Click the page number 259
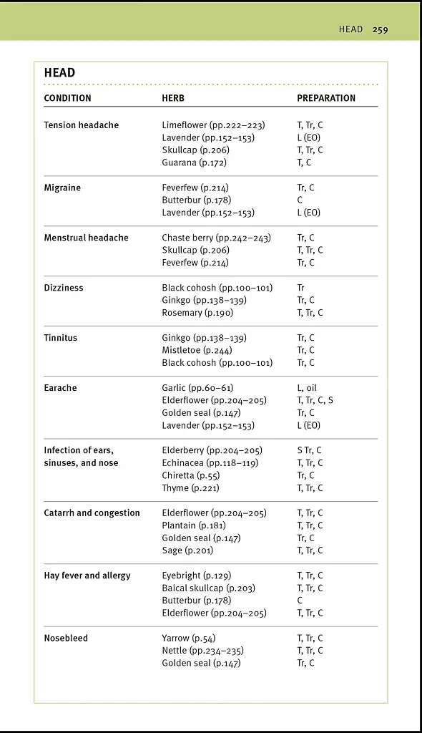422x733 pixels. pyautogui.click(x=380, y=29)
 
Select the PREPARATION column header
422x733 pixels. pyautogui.click(x=326, y=98)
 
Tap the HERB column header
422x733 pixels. pyautogui.click(x=173, y=98)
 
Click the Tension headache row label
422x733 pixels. pyautogui.click(x=81, y=125)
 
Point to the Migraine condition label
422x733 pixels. pyautogui.click(x=62, y=188)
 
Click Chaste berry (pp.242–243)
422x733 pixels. pyautogui.click(x=216, y=238)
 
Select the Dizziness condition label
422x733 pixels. pyautogui.click(x=64, y=288)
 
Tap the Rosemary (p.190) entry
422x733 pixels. pyautogui.click(x=197, y=313)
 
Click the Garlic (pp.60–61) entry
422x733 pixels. pyautogui.click(x=197, y=388)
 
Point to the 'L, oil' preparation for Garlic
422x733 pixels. pyautogui.click(x=307, y=388)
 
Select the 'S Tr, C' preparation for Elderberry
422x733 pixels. pyautogui.click(x=309, y=450)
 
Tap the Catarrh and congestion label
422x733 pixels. pyautogui.click(x=92, y=513)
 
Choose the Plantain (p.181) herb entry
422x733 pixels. pyautogui.click(x=194, y=525)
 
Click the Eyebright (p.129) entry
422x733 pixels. pyautogui.click(x=196, y=576)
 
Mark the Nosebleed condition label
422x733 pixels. pyautogui.click(x=66, y=638)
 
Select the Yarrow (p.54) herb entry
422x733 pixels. pyautogui.click(x=188, y=638)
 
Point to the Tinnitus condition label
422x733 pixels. pyautogui.click(x=61, y=338)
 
